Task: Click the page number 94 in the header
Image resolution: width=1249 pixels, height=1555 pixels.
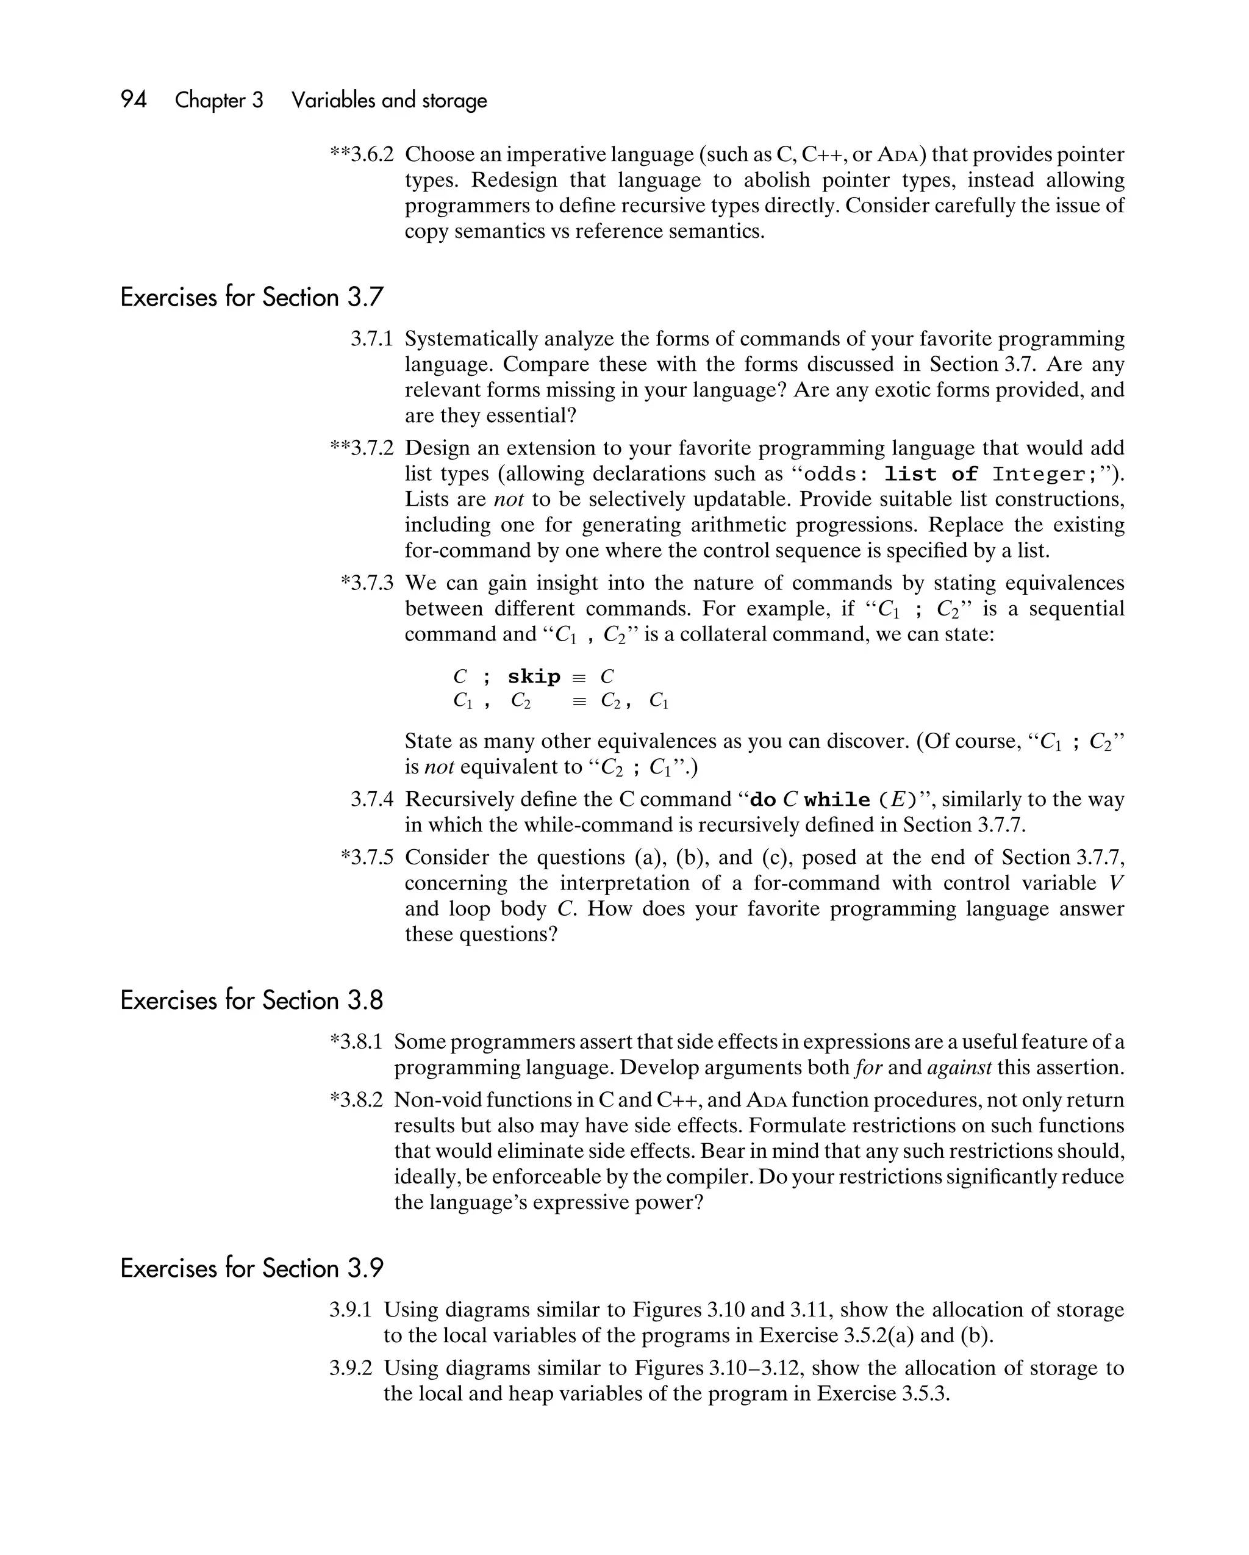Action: pos(134,99)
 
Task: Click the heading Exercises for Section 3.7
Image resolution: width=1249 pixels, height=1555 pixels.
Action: pos(252,297)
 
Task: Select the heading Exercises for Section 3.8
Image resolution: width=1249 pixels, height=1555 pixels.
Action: pos(252,1000)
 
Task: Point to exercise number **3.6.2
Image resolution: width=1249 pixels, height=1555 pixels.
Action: pos(362,154)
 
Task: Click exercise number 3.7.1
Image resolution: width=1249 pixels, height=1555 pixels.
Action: pos(371,339)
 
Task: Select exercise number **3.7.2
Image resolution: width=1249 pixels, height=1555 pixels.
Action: pos(362,448)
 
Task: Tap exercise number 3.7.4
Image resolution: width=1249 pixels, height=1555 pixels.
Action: pos(371,799)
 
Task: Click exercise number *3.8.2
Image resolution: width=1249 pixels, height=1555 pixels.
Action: pos(356,1100)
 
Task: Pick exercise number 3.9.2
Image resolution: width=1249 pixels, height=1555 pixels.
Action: pos(351,1368)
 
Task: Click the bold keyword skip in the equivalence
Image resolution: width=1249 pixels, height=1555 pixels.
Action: pos(534,677)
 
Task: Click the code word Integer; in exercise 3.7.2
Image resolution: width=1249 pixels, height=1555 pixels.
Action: pos(1039,474)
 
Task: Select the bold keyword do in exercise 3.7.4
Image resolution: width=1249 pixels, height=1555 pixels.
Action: pos(763,800)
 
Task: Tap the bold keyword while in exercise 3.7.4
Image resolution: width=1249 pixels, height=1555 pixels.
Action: pos(837,800)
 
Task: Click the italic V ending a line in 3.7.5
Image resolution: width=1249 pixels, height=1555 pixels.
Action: pos(1116,883)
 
